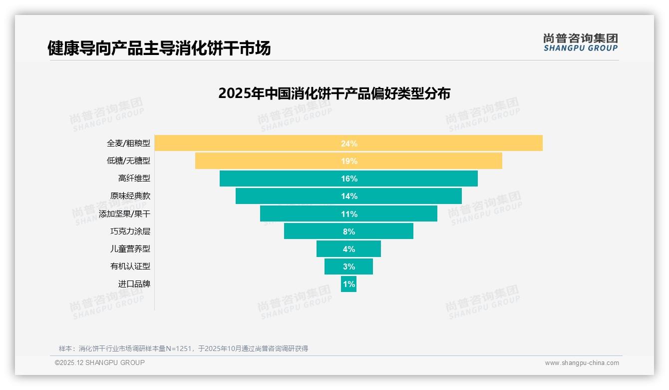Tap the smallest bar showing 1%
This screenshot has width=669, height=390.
click(348, 284)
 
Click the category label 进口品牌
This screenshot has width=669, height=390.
click(134, 284)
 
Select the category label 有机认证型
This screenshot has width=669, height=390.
click(130, 266)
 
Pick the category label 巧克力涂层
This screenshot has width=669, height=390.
click(130, 231)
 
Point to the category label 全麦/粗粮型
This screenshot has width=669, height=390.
click(128, 143)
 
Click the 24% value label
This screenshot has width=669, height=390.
click(349, 143)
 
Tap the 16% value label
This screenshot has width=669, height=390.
click(349, 178)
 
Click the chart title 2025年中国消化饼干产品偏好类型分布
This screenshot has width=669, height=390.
click(334, 93)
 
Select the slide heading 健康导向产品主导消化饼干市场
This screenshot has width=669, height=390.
click(159, 48)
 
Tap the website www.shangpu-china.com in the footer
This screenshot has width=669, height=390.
click(582, 363)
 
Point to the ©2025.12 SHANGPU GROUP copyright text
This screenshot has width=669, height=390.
click(100, 362)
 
